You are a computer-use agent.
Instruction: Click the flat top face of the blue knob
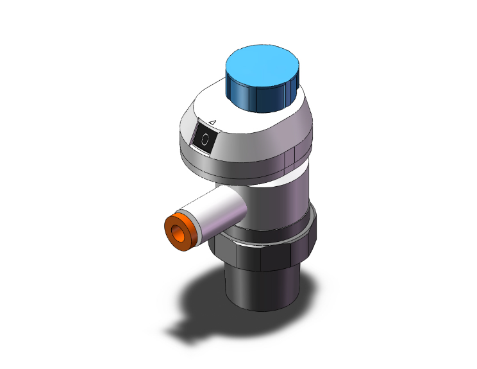point(263,64)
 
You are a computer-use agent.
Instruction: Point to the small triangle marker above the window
point(213,123)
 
